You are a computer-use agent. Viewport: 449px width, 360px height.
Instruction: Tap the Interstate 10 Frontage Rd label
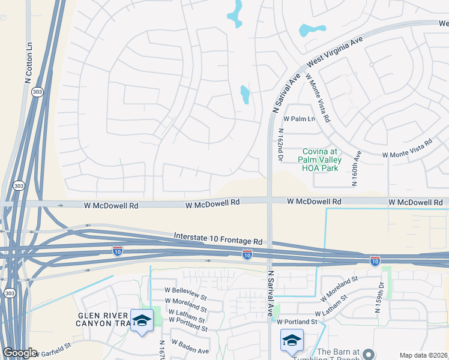[218, 239]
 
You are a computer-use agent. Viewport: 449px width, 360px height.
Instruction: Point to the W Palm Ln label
[300, 119]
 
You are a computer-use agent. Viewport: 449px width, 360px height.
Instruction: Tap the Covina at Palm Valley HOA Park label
[321, 160]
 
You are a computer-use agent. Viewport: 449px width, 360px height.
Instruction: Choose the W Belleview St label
[185, 297]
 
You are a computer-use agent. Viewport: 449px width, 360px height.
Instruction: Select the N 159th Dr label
[380, 298]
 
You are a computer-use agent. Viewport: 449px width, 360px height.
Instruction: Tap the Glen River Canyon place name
[103, 320]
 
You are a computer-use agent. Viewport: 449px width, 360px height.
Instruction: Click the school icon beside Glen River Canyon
[142, 322]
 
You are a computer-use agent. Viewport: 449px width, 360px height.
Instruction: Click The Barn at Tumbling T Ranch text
[338, 355]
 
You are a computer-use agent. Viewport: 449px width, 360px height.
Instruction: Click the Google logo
[19, 353]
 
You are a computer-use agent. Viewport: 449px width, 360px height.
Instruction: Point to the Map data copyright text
[424, 355]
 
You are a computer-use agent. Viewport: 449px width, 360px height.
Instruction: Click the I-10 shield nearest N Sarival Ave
[247, 255]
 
